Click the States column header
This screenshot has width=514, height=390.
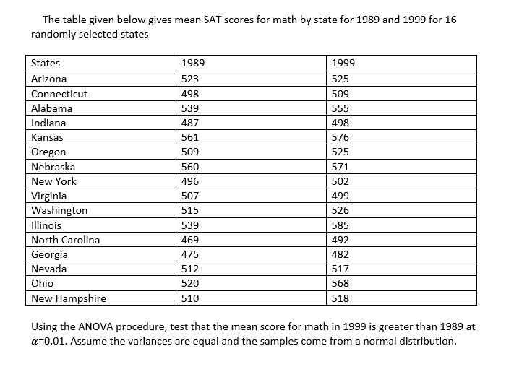(46, 64)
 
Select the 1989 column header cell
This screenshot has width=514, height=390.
(192, 64)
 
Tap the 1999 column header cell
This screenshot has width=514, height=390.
(342, 64)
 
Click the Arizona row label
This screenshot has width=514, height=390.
(49, 79)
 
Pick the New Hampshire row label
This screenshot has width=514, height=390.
(68, 298)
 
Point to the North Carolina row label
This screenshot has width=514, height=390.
(65, 240)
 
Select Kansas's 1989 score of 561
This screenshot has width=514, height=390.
(189, 137)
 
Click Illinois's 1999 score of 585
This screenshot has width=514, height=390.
(340, 225)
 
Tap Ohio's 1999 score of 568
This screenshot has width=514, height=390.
(340, 283)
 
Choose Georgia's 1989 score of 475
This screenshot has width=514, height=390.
(189, 254)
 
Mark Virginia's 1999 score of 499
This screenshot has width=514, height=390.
(340, 196)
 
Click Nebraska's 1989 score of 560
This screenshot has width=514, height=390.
(189, 167)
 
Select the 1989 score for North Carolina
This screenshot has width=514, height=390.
(189, 240)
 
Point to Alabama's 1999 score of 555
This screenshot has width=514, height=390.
(340, 108)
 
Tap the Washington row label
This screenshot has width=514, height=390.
(59, 210)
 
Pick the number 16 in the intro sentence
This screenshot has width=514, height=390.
(450, 19)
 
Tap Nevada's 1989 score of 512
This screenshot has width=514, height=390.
(189, 269)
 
